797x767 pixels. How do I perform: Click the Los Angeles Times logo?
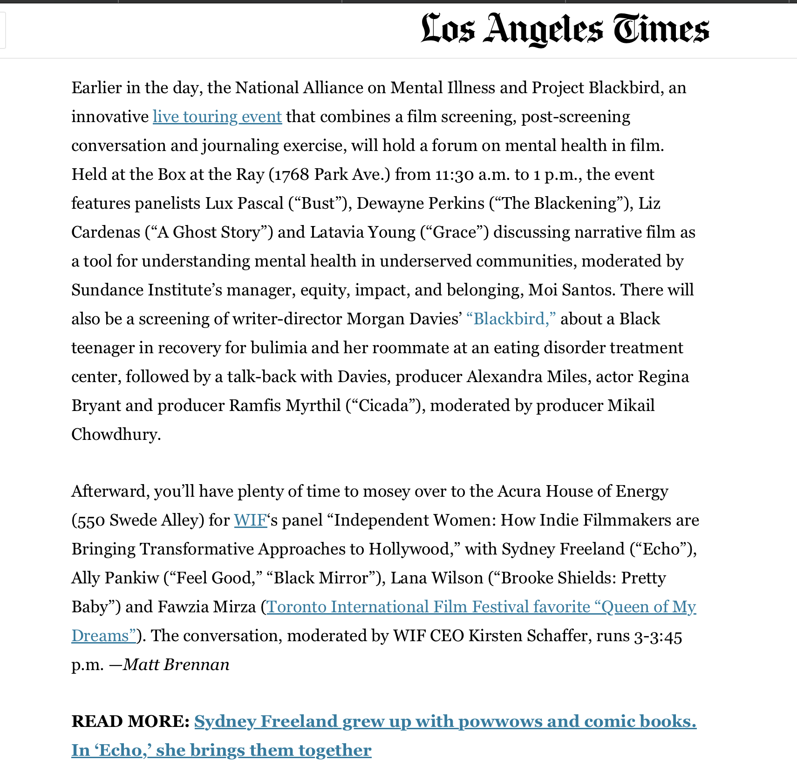tap(565, 29)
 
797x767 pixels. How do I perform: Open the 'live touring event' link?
tap(217, 116)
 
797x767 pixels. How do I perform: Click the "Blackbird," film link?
tap(511, 319)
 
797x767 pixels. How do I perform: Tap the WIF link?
tap(250, 520)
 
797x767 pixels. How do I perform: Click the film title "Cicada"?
tap(384, 406)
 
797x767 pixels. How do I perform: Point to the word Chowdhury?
tap(116, 435)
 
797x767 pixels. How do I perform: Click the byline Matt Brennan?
tap(176, 664)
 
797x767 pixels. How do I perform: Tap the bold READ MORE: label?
tap(130, 721)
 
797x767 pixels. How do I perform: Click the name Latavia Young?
tap(362, 233)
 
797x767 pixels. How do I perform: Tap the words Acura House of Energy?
tap(582, 492)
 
